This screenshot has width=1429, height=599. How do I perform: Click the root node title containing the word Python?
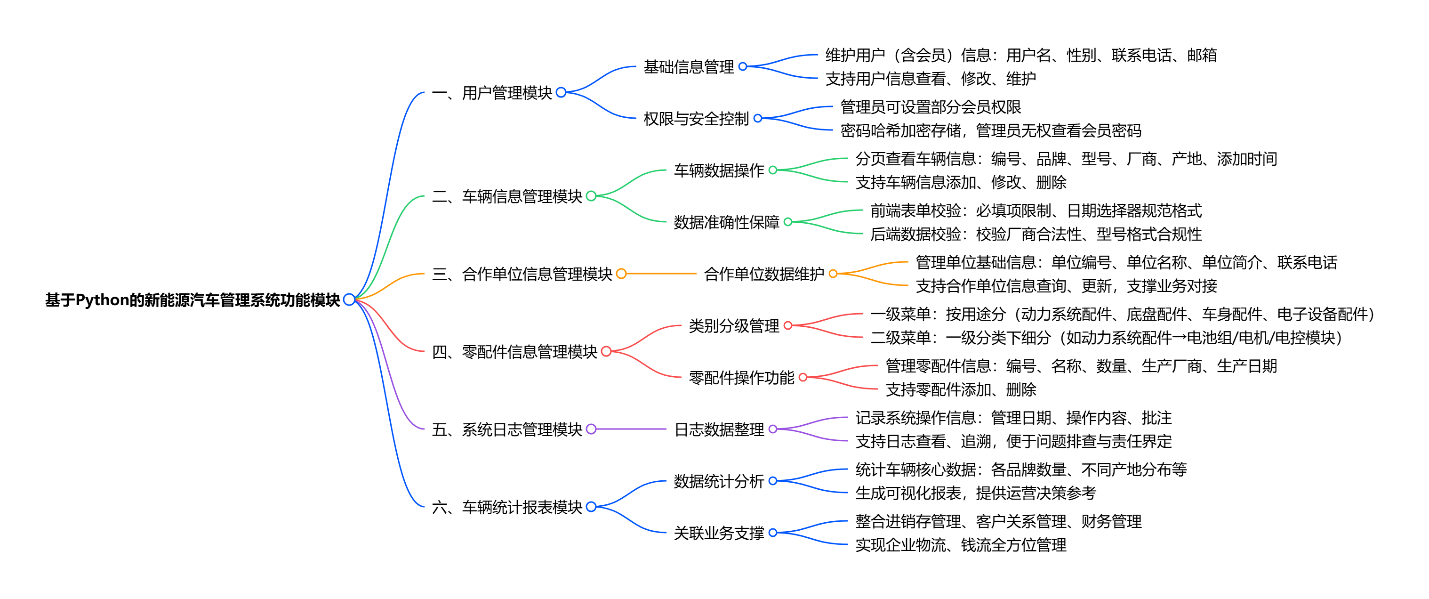coord(192,300)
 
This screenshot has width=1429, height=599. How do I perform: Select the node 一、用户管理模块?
coord(492,93)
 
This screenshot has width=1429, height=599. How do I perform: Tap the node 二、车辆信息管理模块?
coord(507,196)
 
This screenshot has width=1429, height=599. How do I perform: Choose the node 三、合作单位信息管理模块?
coord(522,274)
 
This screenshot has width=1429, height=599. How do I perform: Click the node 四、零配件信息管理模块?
coord(514,351)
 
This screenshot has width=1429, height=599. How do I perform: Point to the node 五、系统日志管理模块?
coord(507,429)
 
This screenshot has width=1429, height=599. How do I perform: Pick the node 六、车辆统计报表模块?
coord(507,507)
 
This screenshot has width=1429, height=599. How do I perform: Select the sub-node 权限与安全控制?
coord(696,118)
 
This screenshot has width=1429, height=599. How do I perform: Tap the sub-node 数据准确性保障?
coord(726,222)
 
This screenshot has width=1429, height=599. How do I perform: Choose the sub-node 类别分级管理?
coord(733,326)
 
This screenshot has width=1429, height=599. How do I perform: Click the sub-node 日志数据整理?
coord(718,429)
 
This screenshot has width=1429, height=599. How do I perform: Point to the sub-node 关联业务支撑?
coord(718,533)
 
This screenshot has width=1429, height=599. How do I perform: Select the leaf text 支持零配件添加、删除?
coord(960,390)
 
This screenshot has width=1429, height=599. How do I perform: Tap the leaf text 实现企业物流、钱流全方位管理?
coord(960,545)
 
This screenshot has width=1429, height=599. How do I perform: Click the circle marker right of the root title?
coord(349,300)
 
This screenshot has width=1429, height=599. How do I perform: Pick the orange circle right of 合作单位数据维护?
coord(833,274)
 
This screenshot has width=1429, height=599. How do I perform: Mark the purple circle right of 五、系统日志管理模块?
coord(591,429)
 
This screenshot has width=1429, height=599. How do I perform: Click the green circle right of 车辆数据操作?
coord(773,170)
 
